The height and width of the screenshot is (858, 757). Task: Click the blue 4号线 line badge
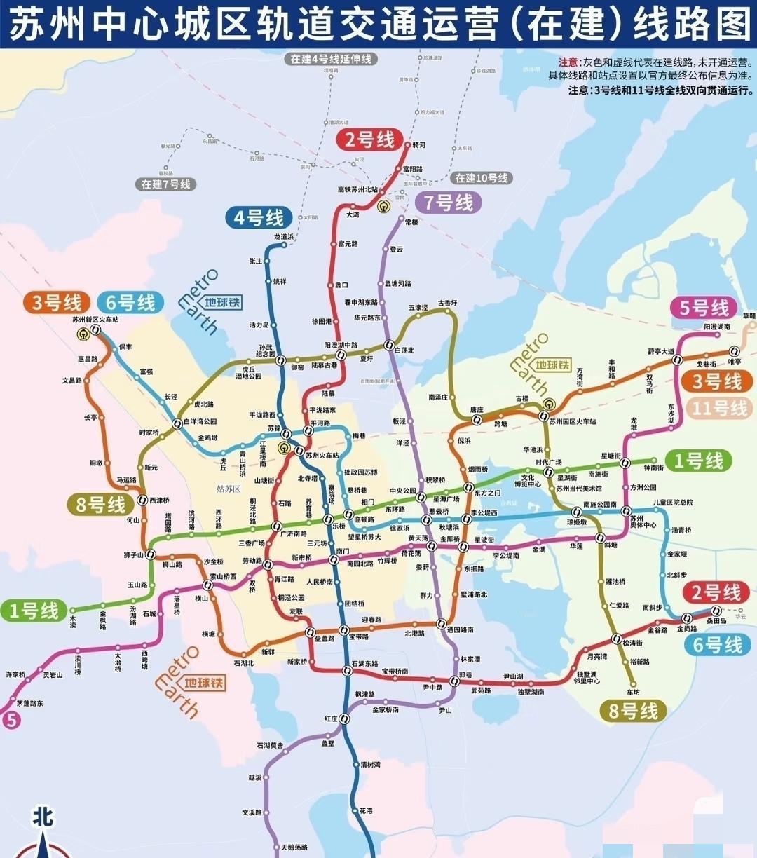click(x=259, y=217)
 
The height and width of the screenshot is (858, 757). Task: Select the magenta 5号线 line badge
click(x=702, y=307)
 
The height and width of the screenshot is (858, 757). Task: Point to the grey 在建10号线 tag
click(x=482, y=178)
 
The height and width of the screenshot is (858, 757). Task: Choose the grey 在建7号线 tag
click(x=165, y=184)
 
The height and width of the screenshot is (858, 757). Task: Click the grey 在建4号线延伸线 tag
click(x=331, y=60)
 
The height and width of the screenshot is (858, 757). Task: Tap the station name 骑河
click(x=419, y=145)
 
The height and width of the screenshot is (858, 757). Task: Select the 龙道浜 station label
click(x=284, y=237)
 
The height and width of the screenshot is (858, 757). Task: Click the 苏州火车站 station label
click(x=322, y=455)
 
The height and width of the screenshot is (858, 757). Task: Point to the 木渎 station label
click(x=72, y=621)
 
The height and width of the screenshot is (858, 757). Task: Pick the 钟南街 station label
click(x=653, y=468)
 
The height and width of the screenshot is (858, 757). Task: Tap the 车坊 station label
click(x=633, y=692)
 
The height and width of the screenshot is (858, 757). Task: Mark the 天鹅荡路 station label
click(x=293, y=847)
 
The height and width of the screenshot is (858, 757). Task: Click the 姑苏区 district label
click(x=229, y=488)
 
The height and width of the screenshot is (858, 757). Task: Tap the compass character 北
click(x=43, y=817)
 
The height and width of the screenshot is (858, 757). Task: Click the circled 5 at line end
click(x=10, y=720)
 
